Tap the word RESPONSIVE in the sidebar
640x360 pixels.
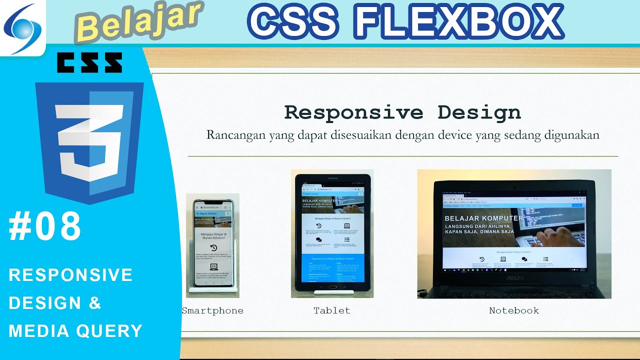point(70,275)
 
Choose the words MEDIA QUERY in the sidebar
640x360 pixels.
point(75,331)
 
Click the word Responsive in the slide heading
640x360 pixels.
point(353,112)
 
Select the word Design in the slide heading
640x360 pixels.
point(479,112)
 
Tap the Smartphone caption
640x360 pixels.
point(212,310)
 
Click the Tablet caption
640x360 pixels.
point(332,310)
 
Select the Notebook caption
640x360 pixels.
point(514,310)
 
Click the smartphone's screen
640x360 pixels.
point(213,245)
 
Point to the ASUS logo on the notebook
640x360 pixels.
point(514,278)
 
